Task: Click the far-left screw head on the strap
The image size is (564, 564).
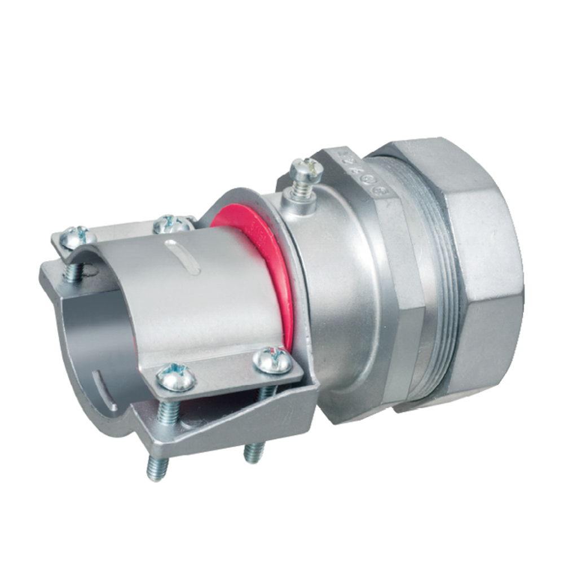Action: pos(75,237)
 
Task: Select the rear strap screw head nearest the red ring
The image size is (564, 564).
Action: pos(171,224)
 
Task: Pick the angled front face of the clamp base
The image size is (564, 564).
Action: pos(243,417)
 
